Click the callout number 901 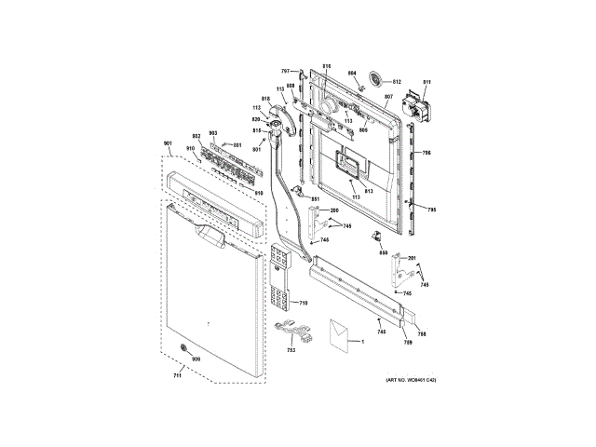[168, 142]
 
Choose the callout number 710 [302, 303]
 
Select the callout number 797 [287, 71]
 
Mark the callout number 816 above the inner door [327, 65]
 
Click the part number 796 [427, 153]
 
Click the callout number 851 [315, 199]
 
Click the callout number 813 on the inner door [368, 191]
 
